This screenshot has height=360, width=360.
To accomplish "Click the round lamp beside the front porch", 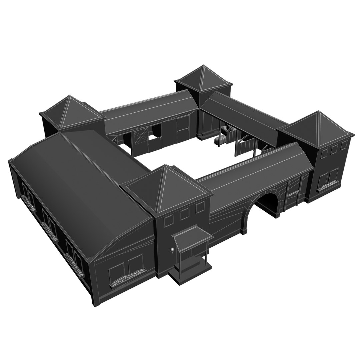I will point(172,250).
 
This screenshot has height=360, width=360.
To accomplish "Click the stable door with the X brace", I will point(140,140).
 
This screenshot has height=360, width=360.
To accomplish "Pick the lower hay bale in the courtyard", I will point(220,140).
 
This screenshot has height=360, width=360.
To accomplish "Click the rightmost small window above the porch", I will point(200,208).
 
